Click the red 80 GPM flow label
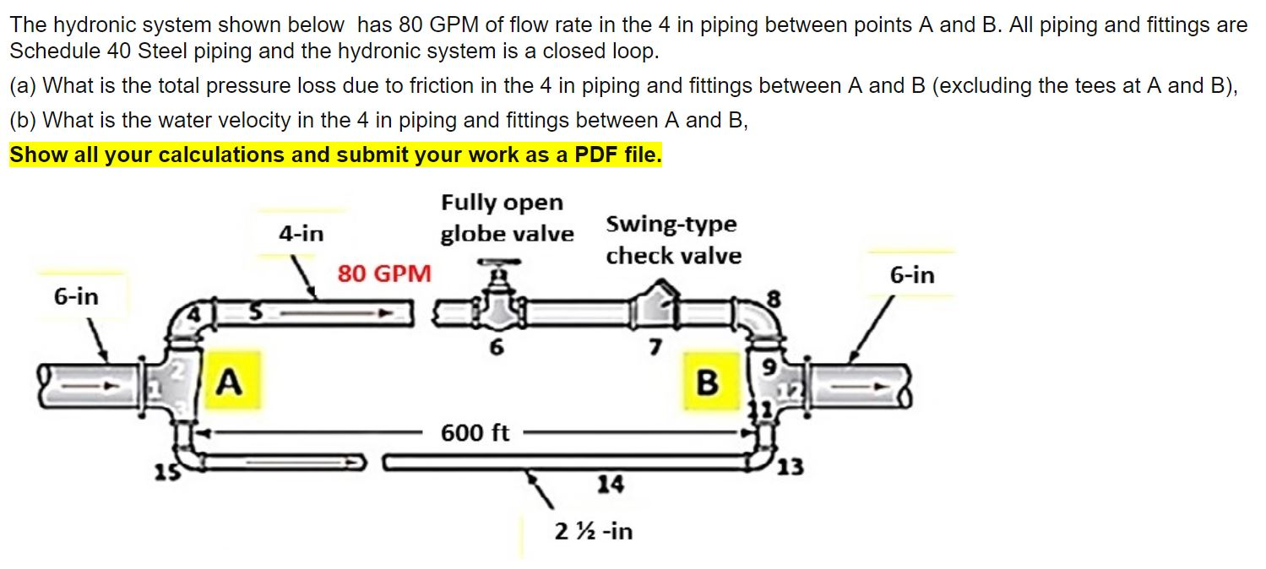pos(384,274)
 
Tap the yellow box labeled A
pos(227,382)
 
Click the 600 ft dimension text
pos(475,433)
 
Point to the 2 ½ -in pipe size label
pos(594,531)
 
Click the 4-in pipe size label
pos(302,233)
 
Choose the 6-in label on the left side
pos(76,296)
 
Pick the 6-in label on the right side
pos(912,275)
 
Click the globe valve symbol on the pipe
pos(495,307)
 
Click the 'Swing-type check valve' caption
pos(673,240)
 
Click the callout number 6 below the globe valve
pos(496,347)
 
